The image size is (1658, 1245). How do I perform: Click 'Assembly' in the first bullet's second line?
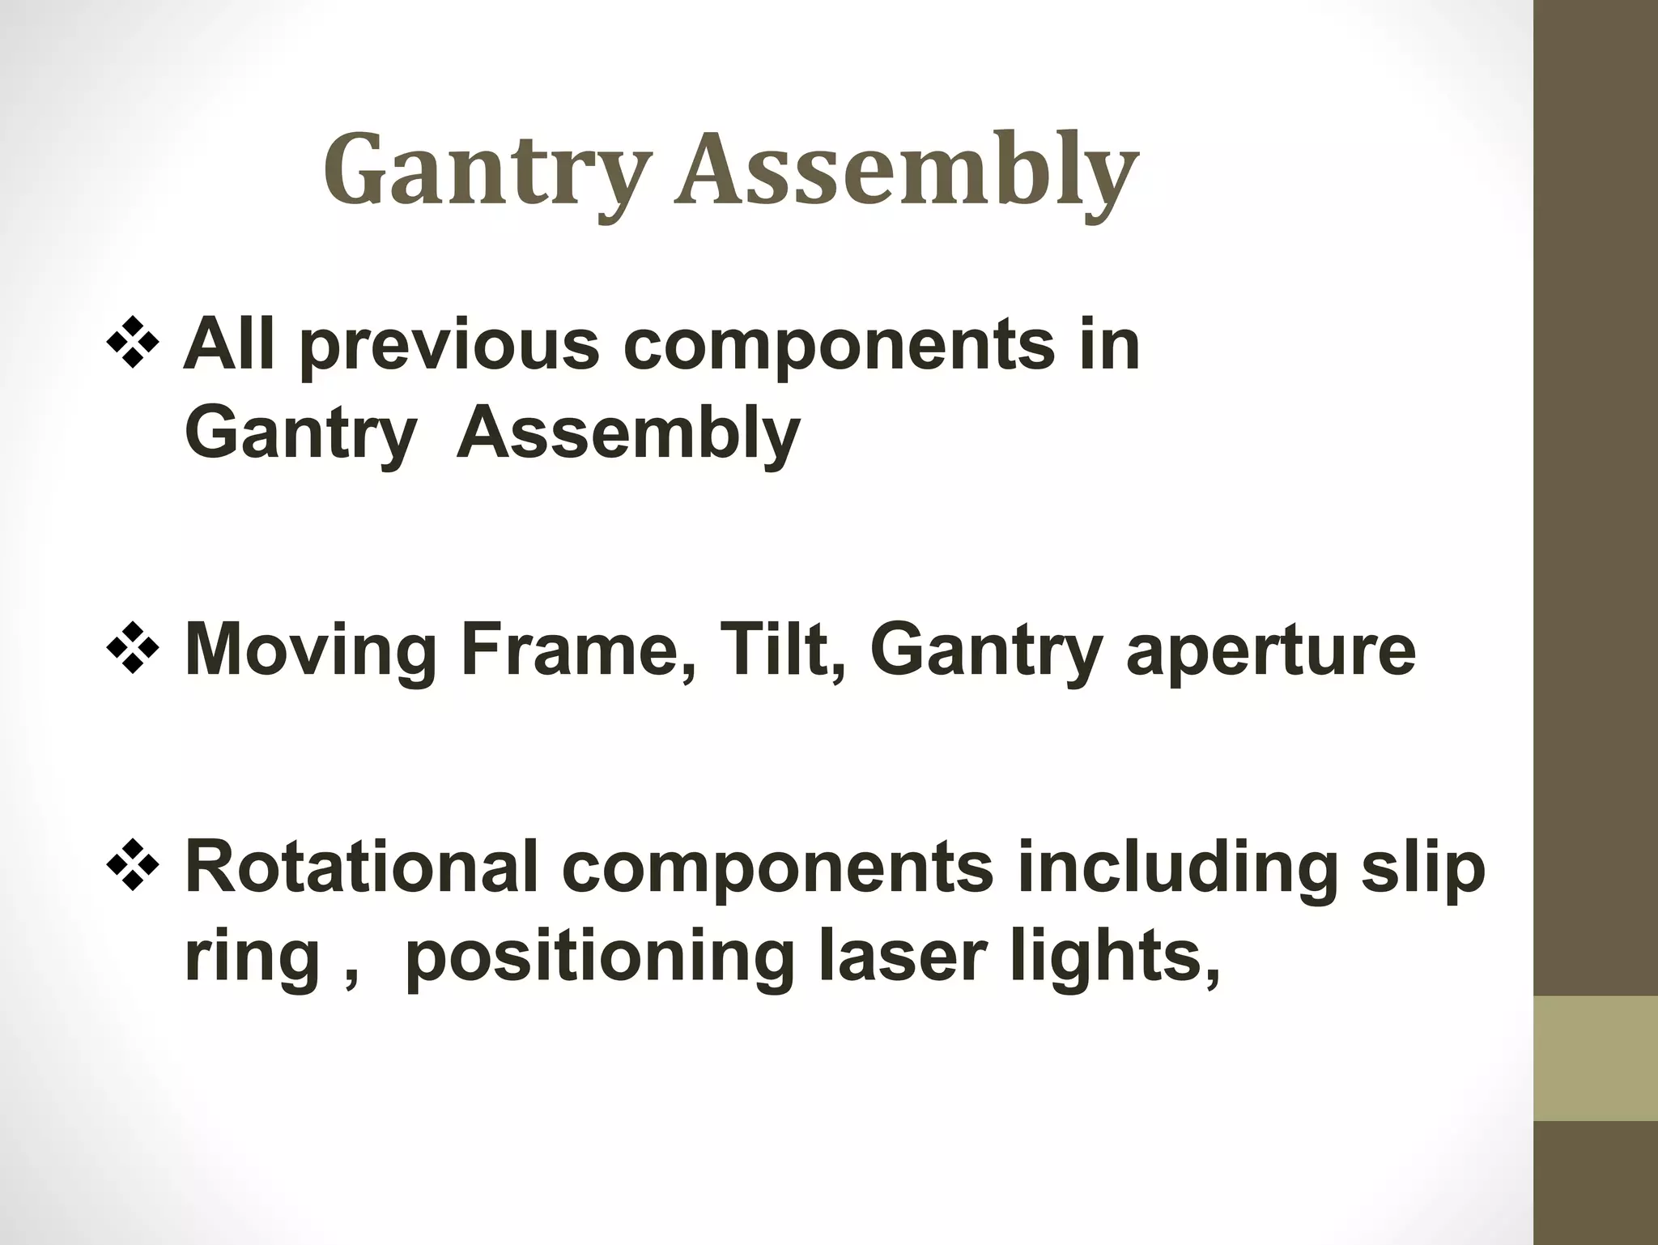(x=628, y=434)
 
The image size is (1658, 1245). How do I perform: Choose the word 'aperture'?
(x=1271, y=652)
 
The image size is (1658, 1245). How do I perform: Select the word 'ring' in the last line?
(x=252, y=959)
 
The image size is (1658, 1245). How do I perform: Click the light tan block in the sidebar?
(x=1596, y=1058)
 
